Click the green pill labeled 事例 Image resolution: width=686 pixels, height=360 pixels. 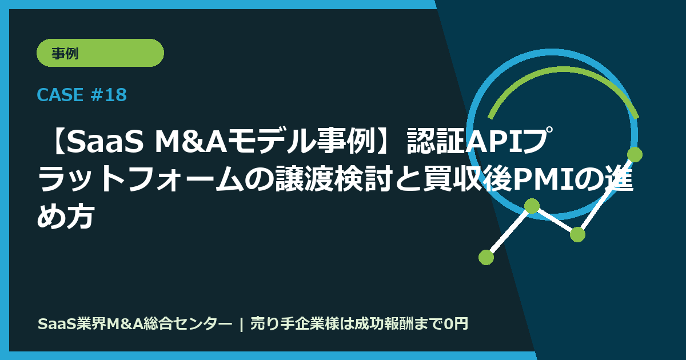[x=100, y=53]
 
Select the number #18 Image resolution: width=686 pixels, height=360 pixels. [x=108, y=95]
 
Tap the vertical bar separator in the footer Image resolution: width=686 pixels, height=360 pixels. [x=242, y=324]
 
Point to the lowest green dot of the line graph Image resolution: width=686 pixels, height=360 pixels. [x=486, y=257]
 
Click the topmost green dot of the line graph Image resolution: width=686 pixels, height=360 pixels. [x=635, y=154]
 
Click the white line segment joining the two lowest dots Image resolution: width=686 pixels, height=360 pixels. [x=509, y=231]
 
